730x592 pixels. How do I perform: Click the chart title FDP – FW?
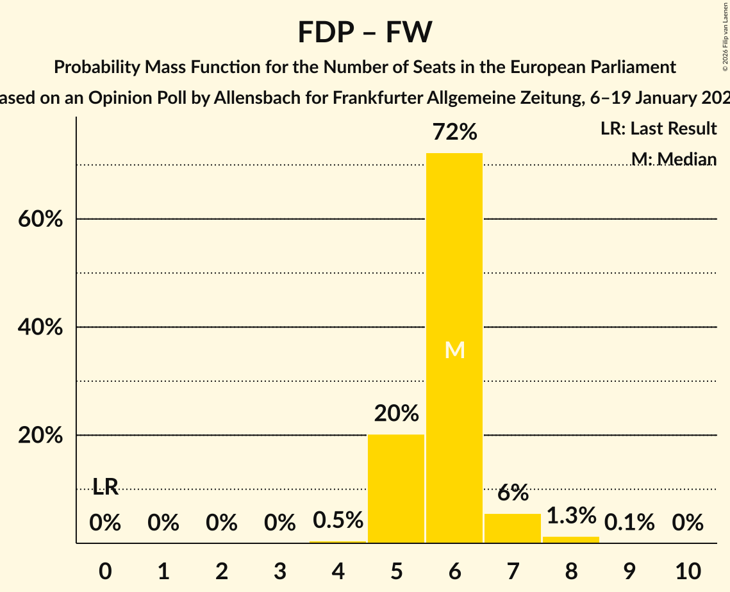coord(365,32)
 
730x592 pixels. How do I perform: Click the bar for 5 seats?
coord(396,488)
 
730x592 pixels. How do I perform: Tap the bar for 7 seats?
coord(513,528)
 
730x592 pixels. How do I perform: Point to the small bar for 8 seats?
coord(571,539)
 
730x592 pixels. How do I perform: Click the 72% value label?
coord(454,132)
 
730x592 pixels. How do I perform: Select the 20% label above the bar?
coord(396,413)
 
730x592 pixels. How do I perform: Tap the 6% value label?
coord(513,493)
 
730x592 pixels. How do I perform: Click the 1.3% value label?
coord(571,515)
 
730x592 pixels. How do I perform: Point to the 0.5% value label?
coord(338,520)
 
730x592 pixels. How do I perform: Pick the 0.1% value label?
coord(629,523)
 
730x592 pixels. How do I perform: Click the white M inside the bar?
coord(454,350)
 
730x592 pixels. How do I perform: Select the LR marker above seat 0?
coord(105,487)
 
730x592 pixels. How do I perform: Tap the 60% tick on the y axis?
coord(39,219)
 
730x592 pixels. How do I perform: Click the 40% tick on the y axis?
coord(39,327)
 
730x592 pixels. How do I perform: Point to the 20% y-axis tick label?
coord(39,436)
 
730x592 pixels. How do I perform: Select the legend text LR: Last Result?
coord(658,129)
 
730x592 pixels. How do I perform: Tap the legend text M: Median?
coord(673,158)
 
